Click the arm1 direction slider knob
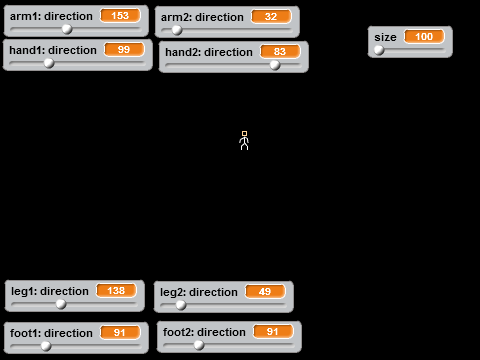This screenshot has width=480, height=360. pos(67,29)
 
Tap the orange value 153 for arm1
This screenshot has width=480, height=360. pos(120,16)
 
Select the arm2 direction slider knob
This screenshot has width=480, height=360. pos(177,30)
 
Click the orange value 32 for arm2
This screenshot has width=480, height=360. pos(271,17)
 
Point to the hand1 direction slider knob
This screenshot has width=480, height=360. pos(49,63)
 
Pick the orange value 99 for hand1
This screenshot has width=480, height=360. pos(124,50)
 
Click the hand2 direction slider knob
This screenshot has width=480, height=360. pos(275,65)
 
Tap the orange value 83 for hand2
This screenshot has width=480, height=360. pos(280,52)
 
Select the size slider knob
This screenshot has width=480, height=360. pos(379,50)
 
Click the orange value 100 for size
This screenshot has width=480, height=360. pos(424,37)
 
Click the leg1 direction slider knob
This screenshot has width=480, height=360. pos(61,304)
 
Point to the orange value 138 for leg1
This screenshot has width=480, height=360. pos(116,291)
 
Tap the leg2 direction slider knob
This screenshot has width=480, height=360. pos(181,305)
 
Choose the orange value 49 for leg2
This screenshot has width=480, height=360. pos(265,292)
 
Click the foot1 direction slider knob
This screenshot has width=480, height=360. pos(46,346)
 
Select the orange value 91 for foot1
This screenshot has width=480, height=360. pos(120,333)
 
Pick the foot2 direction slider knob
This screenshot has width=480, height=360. pos(199,345)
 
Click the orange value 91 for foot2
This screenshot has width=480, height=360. pos(273,332)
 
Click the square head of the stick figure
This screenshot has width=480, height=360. pos(244,132)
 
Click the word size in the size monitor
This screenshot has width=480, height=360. pos(385,37)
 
